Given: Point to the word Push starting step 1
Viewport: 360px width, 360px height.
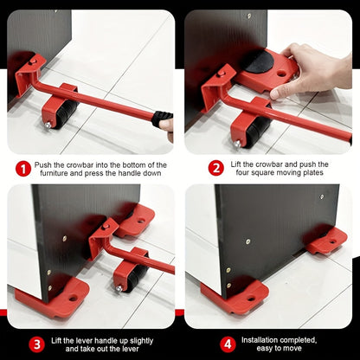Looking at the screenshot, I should click(46, 164).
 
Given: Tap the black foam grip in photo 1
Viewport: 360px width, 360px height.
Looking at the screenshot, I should click(162, 119).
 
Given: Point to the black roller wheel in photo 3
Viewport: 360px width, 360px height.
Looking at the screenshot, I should click(130, 275).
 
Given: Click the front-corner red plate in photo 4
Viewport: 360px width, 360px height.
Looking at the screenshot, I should click(233, 299).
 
